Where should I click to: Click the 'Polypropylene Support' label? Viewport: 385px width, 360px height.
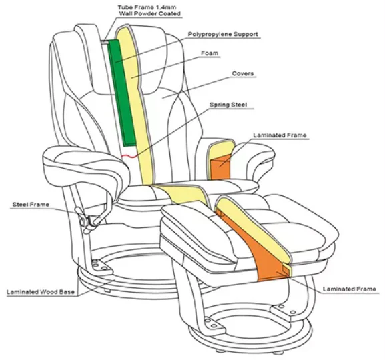(x=223, y=34)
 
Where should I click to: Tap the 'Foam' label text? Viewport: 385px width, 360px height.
(x=210, y=53)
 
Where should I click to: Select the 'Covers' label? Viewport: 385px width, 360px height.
(x=243, y=73)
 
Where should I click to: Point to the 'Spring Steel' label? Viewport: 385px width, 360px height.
(x=228, y=105)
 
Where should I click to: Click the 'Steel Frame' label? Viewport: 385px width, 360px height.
(x=31, y=205)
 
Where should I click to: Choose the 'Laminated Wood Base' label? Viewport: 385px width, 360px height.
(x=41, y=292)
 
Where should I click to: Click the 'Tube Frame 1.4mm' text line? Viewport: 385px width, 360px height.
(x=147, y=7)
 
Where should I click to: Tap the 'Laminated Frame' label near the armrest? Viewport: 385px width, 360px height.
(x=280, y=135)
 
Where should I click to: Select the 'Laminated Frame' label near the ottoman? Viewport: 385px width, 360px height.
(x=350, y=289)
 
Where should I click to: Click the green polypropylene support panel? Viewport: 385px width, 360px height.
(x=122, y=93)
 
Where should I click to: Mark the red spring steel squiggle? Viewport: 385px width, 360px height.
(x=129, y=155)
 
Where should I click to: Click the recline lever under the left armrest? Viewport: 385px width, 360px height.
(x=85, y=219)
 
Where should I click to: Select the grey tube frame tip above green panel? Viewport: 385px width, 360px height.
(x=105, y=42)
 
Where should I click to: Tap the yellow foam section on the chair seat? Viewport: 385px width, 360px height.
(x=183, y=195)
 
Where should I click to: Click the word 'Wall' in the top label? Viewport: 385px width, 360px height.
(x=125, y=13)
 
